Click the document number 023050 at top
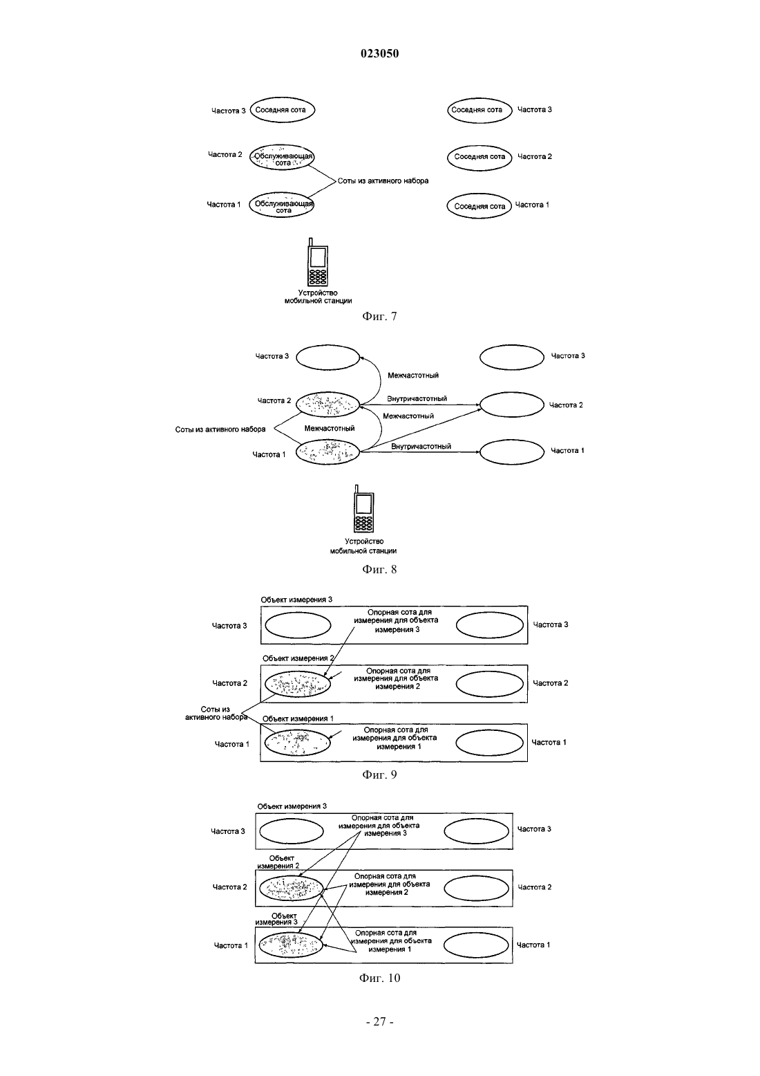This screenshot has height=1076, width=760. coord(379,53)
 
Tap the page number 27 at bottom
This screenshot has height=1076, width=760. coord(379,1022)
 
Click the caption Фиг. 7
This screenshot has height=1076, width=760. coord(379,316)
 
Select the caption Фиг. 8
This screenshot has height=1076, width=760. coord(379,569)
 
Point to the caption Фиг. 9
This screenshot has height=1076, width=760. coord(379,774)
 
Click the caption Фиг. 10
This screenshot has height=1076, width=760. coord(379,978)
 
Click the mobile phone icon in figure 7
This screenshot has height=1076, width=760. coord(318,262)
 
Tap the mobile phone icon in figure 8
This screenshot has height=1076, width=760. coord(363,509)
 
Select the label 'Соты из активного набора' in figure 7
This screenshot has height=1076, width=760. coord(383,181)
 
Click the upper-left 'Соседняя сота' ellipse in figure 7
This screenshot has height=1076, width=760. coord(282,109)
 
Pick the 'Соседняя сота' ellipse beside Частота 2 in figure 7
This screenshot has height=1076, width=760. coord(479,156)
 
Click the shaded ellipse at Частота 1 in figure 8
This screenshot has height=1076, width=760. coord(327,452)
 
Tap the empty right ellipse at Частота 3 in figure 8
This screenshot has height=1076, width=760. coord(512,357)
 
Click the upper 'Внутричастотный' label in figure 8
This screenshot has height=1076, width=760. coord(417,399)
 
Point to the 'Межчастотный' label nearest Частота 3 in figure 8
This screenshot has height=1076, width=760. coord(413,375)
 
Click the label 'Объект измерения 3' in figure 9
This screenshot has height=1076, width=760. coord(296,600)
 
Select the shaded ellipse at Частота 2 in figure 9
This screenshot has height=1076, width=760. coord(298,684)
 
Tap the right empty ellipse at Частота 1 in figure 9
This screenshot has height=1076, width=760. coord(489,743)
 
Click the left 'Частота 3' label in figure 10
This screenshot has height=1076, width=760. coord(228,831)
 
